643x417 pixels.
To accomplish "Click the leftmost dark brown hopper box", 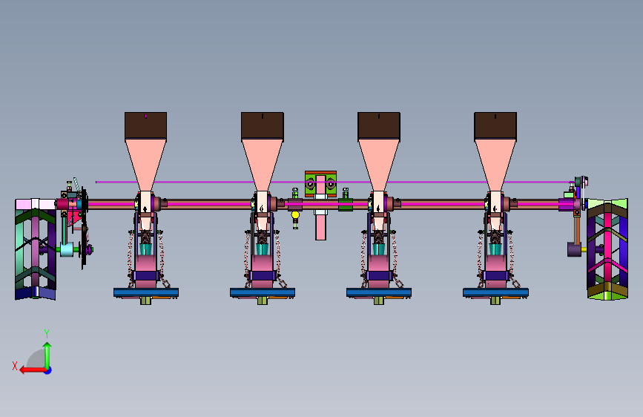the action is pos(145,125).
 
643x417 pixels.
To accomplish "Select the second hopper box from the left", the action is pos(263,125).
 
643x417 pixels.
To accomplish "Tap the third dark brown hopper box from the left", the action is pos(379,125).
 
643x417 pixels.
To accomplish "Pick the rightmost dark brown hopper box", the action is pos(495,125).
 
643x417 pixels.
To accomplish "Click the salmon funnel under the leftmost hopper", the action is pos(145,165).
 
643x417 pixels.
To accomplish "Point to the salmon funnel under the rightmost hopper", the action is pos(495,165).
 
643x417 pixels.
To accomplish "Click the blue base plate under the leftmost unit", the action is pos(146,292).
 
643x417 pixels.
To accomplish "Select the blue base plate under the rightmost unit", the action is pos(495,292).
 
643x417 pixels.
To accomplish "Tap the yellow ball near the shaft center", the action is pos(295,214).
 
